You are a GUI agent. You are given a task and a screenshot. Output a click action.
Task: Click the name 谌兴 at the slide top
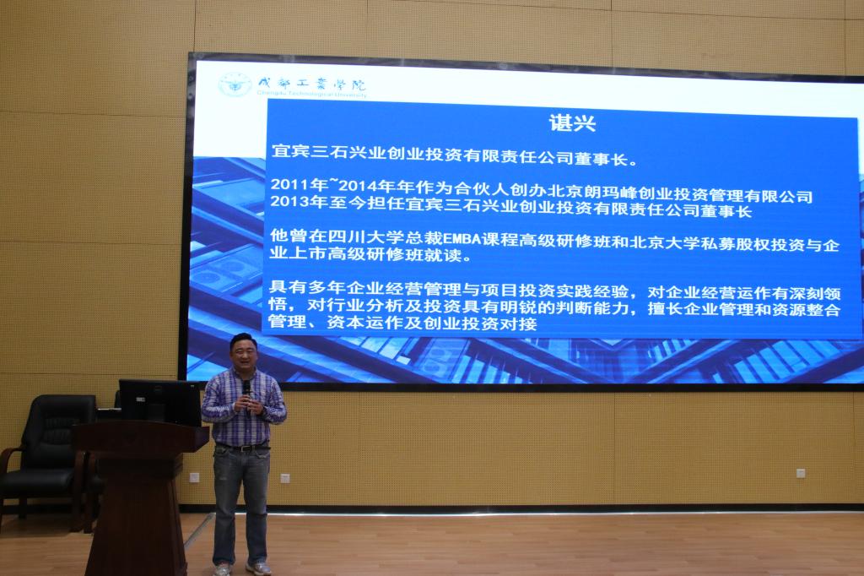572,122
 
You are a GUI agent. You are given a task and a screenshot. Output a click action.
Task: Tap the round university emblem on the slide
235,85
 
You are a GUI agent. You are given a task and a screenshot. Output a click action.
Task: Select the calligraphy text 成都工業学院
311,84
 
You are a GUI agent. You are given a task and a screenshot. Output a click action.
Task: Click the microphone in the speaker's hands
246,392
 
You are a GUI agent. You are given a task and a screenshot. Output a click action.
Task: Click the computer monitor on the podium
159,401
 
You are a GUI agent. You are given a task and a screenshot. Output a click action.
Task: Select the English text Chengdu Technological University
311,95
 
